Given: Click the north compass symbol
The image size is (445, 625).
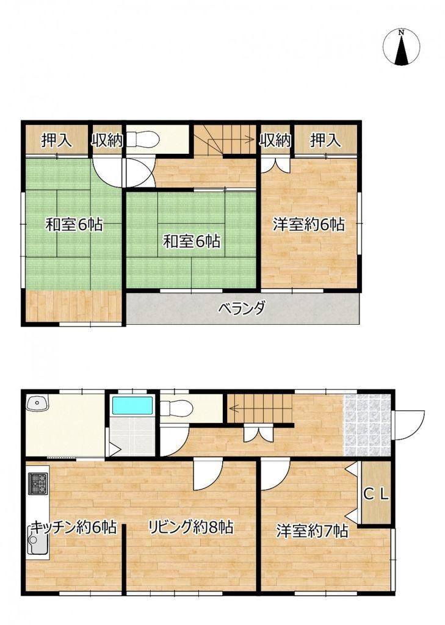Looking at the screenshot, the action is [x=401, y=47].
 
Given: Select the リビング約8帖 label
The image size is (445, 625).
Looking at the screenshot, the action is [x=190, y=527].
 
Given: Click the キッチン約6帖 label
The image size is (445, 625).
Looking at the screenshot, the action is [x=74, y=527].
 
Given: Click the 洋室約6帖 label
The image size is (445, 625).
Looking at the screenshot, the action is [x=309, y=225].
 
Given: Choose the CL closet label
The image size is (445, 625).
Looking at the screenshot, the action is [x=375, y=494].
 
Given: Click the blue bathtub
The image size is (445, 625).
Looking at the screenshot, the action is [x=133, y=405].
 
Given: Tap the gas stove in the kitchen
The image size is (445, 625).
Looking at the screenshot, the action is [x=38, y=483].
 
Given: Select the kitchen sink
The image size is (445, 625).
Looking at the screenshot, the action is [x=37, y=540].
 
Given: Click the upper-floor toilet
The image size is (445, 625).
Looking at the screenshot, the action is [x=143, y=140].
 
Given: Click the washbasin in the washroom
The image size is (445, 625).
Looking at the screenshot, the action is [x=37, y=403].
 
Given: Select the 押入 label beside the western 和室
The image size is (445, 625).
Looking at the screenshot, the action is [x=57, y=140].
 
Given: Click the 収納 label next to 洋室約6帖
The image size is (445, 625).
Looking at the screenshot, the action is [x=275, y=140].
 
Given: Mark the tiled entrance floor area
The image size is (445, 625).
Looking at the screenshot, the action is [x=367, y=425].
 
